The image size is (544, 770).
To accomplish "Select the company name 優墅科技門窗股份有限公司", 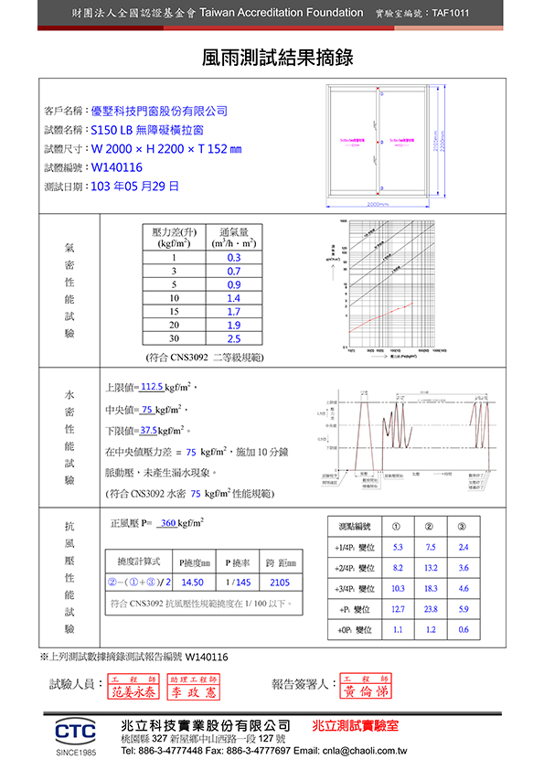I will pos(159,111).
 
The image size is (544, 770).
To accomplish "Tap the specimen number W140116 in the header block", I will pos(117,167).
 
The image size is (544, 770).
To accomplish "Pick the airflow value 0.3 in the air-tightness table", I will pos(234,258).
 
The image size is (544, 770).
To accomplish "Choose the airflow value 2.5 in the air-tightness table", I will pos(234,338).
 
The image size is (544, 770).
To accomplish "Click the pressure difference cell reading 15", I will pos(174,312).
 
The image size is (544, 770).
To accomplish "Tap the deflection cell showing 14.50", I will pos(192,582).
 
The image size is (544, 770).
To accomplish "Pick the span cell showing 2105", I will pos(280,582).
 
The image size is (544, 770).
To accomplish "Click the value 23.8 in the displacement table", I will pos(431,609).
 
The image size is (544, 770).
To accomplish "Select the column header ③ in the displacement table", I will pos(463,526).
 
